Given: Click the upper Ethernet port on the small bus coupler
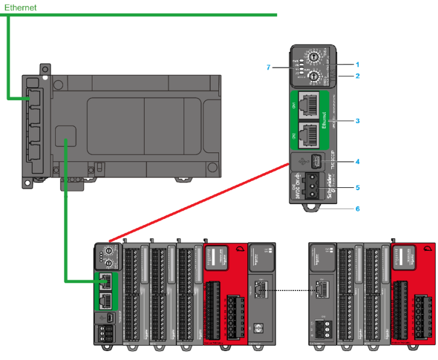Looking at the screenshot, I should [106, 280].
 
